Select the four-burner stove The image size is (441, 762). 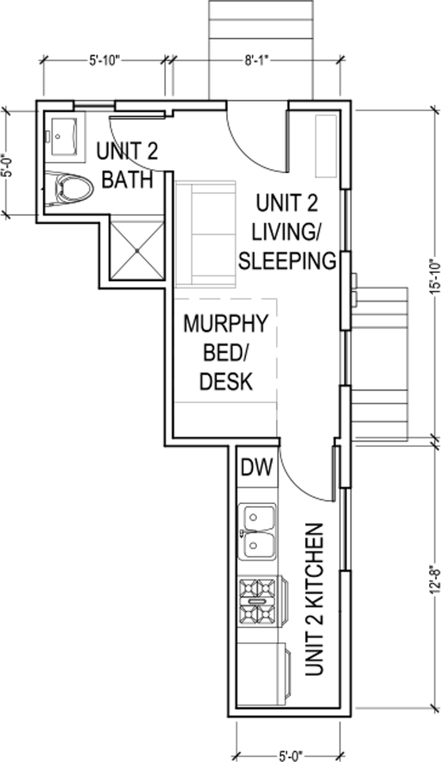pos(259,602)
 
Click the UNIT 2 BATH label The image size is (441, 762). pos(126,165)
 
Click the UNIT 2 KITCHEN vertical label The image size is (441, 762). pos(314,599)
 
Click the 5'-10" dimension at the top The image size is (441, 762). pos(105,59)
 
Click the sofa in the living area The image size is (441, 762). pos(206,234)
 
